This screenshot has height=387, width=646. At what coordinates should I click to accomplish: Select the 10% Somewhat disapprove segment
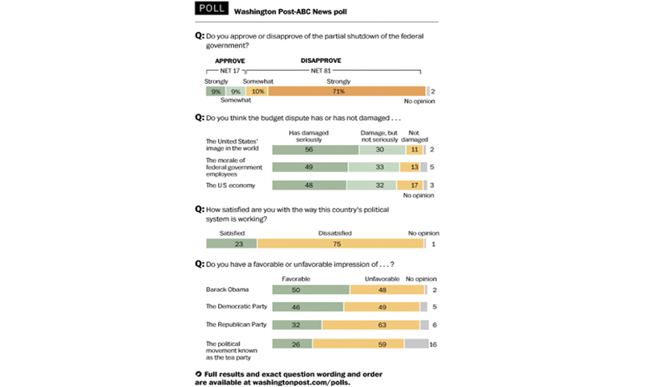tap(257, 92)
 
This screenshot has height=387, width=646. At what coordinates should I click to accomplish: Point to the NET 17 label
tap(229, 71)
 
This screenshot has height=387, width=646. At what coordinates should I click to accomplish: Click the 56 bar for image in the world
tap(315, 149)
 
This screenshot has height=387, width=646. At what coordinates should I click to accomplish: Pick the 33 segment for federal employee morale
tap(375, 167)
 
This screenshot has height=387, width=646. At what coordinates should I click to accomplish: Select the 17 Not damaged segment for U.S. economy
tap(414, 185)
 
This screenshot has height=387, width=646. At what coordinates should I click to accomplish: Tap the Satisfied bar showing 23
tap(232, 243)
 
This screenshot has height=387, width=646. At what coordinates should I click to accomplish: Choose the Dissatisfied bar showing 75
tap(340, 243)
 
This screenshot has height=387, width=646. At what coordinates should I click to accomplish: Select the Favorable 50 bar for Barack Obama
tap(311, 289)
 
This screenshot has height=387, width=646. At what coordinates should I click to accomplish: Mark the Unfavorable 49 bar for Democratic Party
tap(382, 307)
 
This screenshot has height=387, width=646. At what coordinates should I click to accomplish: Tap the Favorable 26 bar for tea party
tap(292, 343)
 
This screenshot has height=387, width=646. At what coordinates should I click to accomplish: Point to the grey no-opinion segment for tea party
tap(415, 343)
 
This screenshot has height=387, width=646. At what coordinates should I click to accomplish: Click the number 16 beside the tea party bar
tap(434, 343)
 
